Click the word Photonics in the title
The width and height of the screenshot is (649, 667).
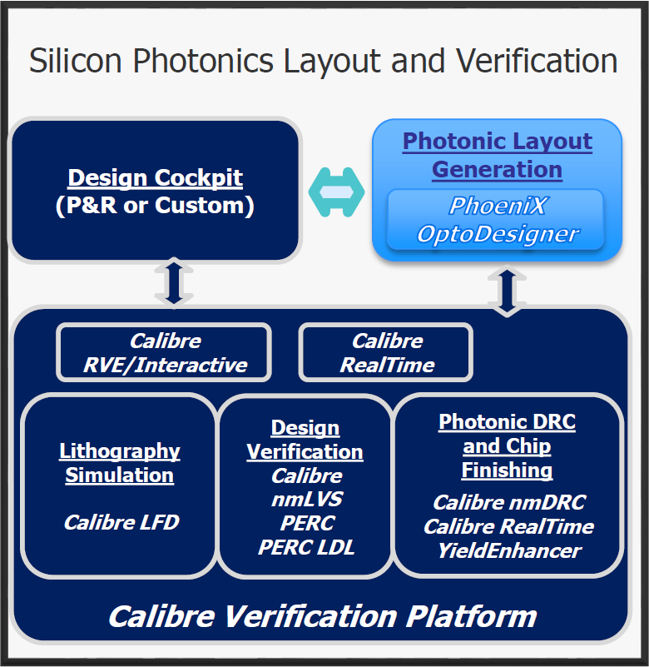click(x=203, y=62)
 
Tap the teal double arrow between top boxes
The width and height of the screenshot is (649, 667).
click(x=336, y=192)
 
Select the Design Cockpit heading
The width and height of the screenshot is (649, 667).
click(x=155, y=177)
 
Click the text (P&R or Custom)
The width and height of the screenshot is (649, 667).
click(x=155, y=206)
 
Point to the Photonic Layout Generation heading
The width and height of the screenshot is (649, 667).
click(x=498, y=155)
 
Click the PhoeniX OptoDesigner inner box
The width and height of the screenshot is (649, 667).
click(x=496, y=220)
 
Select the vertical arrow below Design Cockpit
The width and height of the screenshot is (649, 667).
click(x=174, y=281)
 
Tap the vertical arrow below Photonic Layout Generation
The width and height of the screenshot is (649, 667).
click(x=507, y=291)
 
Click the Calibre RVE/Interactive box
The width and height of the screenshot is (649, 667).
click(x=164, y=352)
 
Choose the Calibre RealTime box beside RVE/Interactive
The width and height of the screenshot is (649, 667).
click(x=386, y=352)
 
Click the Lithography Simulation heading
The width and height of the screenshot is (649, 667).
click(x=120, y=463)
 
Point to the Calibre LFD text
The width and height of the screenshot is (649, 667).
click(x=121, y=522)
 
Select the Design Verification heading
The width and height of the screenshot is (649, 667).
click(x=305, y=440)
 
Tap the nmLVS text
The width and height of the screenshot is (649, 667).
click(x=307, y=499)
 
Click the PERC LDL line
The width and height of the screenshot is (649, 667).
click(x=306, y=547)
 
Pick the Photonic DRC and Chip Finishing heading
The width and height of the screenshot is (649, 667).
click(x=507, y=445)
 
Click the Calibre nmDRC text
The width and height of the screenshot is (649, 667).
click(x=509, y=502)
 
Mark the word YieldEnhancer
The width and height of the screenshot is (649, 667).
click(x=509, y=550)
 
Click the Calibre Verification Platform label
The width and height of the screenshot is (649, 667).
click(x=323, y=616)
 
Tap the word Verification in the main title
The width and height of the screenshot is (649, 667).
click(x=537, y=62)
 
